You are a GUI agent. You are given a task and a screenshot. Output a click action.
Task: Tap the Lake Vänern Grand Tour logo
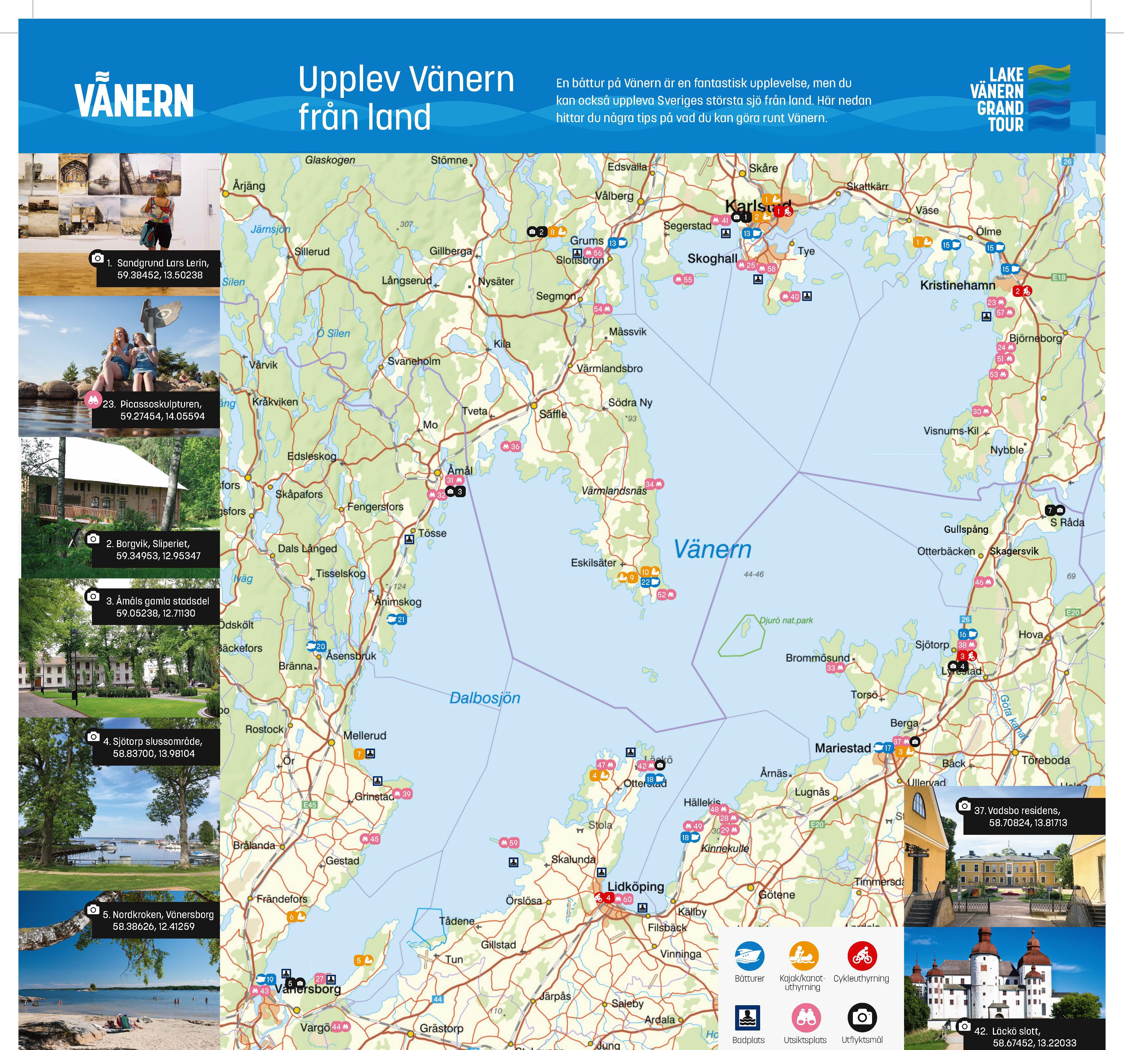(x=1019, y=99)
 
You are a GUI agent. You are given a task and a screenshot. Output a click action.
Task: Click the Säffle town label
(x=552, y=414)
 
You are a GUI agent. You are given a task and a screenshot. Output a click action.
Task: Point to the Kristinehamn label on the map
(x=957, y=285)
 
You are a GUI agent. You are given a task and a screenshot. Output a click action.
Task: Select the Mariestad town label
(x=842, y=748)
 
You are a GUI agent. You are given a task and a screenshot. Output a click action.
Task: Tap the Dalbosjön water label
(x=484, y=698)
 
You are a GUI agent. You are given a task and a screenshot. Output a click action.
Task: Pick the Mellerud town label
(x=365, y=735)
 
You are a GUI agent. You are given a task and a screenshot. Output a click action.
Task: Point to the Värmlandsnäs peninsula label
(x=614, y=491)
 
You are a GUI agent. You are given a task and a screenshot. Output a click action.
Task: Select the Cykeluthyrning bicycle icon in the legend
(x=862, y=955)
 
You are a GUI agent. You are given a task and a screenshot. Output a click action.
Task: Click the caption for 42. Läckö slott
(x=1023, y=1036)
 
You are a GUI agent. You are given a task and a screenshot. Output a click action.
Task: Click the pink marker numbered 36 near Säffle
(x=511, y=446)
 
